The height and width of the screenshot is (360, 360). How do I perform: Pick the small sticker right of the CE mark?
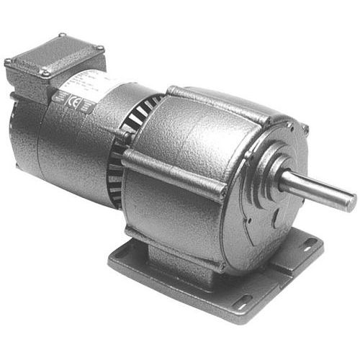click(87, 107)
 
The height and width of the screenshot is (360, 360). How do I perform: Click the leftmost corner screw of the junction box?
click(9, 62)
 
